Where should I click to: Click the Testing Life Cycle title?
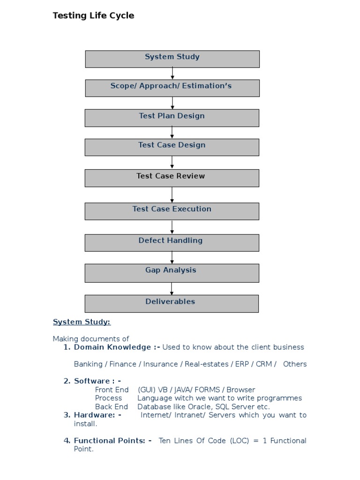(93, 15)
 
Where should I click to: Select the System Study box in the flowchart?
(172, 59)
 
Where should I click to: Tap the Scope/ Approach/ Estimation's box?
(172, 88)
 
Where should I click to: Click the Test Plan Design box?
(172, 118)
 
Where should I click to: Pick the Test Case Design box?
(172, 147)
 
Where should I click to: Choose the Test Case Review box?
(172, 178)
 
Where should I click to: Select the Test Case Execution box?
(172, 211)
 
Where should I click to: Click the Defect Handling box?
(172, 242)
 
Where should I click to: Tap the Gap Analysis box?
(172, 272)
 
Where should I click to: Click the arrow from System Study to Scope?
(172, 74)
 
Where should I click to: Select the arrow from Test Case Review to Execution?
(172, 195)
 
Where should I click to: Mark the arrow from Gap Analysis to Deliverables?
(172, 288)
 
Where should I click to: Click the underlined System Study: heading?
(82, 322)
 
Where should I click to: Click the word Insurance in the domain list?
(160, 364)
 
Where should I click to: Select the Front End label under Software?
(112, 390)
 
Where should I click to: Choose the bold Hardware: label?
(97, 415)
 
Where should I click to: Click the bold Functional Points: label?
(112, 441)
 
